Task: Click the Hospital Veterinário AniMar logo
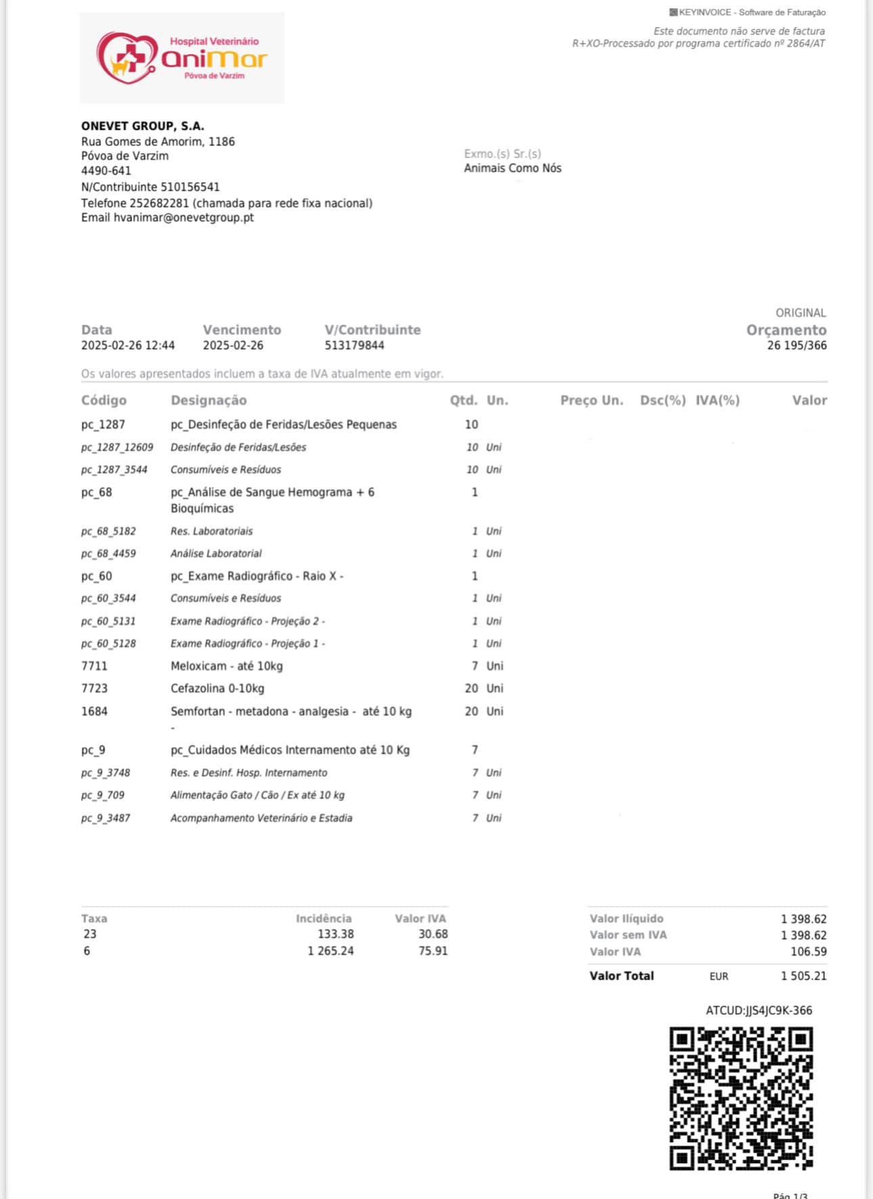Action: [x=182, y=58]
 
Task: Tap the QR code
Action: [x=741, y=1098]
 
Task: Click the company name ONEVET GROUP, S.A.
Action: [x=143, y=126]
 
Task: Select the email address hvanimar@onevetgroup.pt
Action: [x=183, y=217]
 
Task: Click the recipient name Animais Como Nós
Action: [x=512, y=168]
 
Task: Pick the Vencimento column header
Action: [x=242, y=330]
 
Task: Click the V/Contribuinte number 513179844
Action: [x=354, y=345]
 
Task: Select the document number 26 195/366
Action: [x=797, y=345]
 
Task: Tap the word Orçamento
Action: [x=786, y=330]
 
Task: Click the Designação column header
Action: [x=208, y=400]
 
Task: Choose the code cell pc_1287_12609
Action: [x=117, y=447]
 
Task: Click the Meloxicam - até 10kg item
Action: [x=227, y=666]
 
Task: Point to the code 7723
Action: [x=94, y=688]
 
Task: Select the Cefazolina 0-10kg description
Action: [x=217, y=688]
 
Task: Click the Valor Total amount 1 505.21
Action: [x=803, y=976]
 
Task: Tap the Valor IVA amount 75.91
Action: [x=432, y=951]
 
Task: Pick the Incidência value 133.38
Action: [x=336, y=934]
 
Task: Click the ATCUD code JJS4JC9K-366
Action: [x=759, y=1010]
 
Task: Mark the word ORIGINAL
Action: [x=801, y=313]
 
